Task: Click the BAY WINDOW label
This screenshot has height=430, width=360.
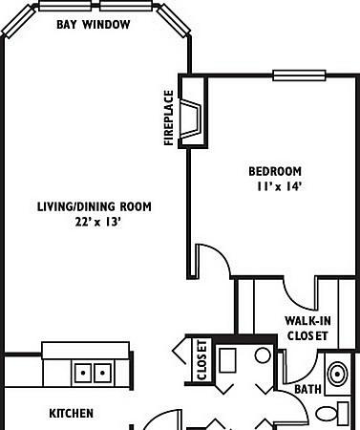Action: point(94,25)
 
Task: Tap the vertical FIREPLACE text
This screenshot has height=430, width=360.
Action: point(169,118)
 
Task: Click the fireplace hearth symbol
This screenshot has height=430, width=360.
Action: point(191,118)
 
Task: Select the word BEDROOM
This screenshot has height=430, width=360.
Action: point(275,171)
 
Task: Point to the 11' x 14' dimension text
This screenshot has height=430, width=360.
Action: point(279,186)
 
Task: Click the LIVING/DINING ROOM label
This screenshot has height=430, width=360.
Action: point(95,206)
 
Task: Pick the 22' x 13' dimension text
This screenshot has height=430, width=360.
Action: point(98,222)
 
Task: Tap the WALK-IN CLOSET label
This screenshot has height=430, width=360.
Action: point(307,328)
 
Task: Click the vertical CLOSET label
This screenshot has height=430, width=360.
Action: point(202,360)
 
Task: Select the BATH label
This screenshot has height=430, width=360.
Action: point(307,389)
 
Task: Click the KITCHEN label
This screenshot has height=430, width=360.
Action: point(72,414)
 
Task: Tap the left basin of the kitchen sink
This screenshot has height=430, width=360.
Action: point(83,373)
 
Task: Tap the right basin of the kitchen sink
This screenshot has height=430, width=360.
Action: point(102,373)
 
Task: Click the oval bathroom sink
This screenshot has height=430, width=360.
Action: point(338,374)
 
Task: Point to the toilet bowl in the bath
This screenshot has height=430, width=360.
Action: point(326,414)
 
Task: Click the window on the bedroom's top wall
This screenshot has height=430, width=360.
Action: point(299,75)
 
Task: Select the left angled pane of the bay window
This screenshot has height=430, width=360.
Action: point(19,22)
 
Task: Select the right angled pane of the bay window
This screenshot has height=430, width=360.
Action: point(174,21)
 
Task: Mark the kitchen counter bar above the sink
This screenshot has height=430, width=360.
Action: point(86,351)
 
